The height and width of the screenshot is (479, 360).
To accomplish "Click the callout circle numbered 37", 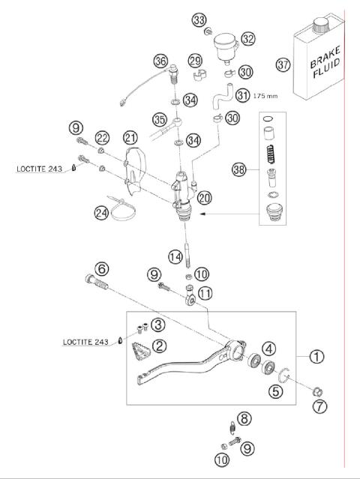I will (x=282, y=65).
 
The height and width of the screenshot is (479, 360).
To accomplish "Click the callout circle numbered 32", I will (x=248, y=38).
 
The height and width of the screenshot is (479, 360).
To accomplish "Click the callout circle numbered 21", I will (x=131, y=137).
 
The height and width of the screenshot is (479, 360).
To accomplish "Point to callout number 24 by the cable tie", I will (x=101, y=213).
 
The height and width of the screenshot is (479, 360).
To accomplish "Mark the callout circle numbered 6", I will (x=101, y=269).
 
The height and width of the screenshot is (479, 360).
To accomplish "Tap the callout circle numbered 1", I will (x=317, y=357).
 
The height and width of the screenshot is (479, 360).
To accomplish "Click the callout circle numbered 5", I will (x=277, y=390).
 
